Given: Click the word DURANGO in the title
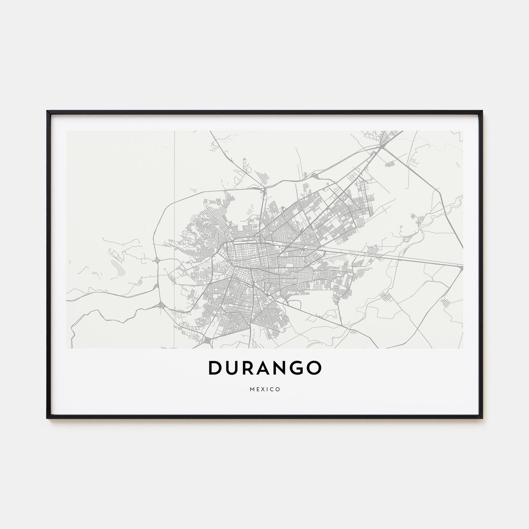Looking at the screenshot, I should pos(264,369).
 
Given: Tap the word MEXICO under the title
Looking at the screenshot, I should pos(264,390).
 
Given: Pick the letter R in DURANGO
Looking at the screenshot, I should pos(247,369).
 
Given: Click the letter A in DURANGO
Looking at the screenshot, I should pos(264,369).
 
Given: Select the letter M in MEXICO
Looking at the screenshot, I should pos(251,390).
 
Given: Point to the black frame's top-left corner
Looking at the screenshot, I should pos(48,111).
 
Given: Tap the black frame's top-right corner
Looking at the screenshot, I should pos(482,111).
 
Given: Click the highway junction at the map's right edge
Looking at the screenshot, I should pos(461,267).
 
